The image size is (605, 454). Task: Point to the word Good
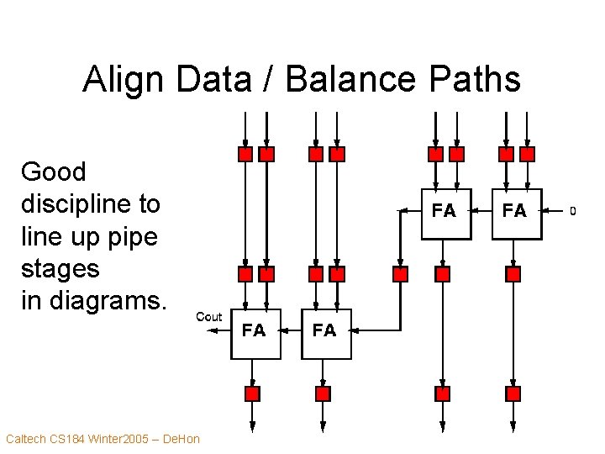point(53,172)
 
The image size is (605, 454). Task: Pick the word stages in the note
point(60,269)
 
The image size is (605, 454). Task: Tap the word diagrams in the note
point(111,301)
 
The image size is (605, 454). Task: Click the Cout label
point(208,316)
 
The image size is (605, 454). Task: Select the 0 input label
point(573,210)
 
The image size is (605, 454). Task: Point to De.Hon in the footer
point(180,439)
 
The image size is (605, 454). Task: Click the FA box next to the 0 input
point(515,213)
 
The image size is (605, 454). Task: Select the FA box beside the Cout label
point(255,332)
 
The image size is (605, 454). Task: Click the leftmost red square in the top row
point(245,155)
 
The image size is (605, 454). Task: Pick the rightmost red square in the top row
point(527,155)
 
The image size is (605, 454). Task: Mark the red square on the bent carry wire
point(401,274)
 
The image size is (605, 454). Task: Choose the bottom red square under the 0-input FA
point(513,393)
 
